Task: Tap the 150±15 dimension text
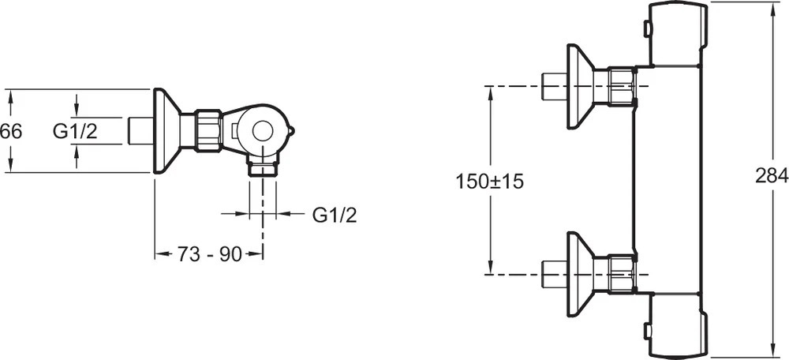click(x=490, y=181)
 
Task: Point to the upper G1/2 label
click(x=75, y=131)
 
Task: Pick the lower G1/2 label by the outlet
click(x=335, y=214)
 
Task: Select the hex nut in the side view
click(x=208, y=130)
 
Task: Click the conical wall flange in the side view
click(x=166, y=130)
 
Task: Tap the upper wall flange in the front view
click(x=581, y=86)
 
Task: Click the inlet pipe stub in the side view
click(x=140, y=131)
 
